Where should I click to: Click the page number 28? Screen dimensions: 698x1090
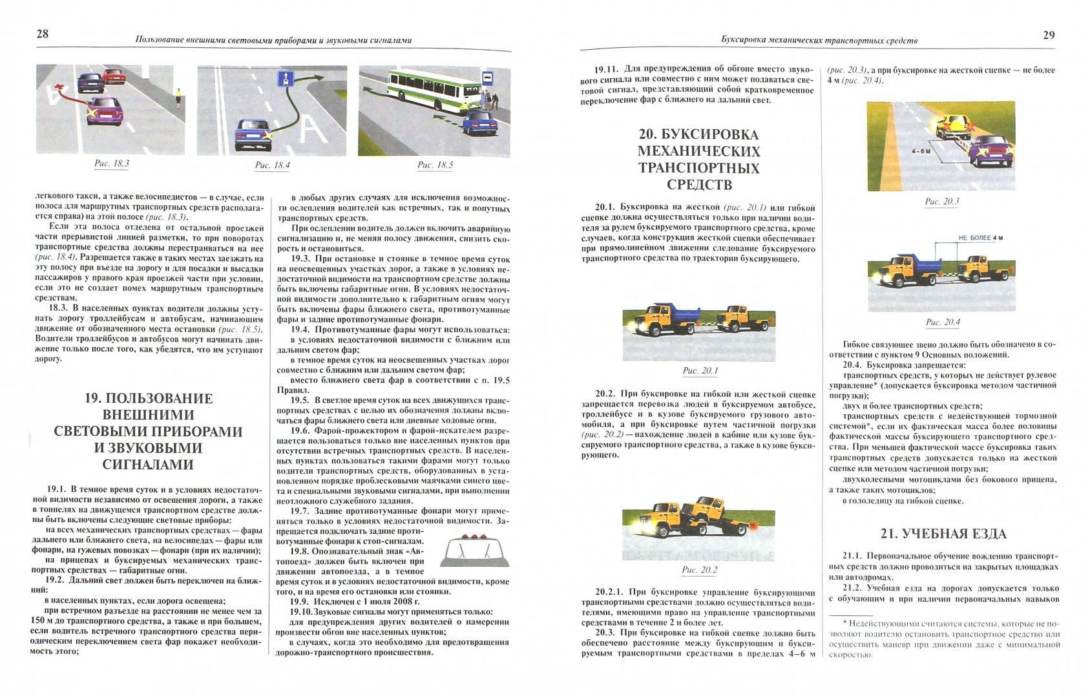tap(42, 34)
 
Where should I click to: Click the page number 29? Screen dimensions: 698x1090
tap(1049, 35)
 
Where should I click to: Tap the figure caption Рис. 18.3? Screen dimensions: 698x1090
tap(112, 164)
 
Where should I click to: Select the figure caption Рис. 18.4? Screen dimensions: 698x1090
tap(272, 165)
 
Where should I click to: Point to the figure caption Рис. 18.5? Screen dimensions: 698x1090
tap(435, 165)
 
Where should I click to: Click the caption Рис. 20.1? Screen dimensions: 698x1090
tap(700, 371)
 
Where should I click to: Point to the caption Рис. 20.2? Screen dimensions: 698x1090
tap(700, 570)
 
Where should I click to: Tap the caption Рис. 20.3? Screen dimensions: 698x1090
tap(941, 202)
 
